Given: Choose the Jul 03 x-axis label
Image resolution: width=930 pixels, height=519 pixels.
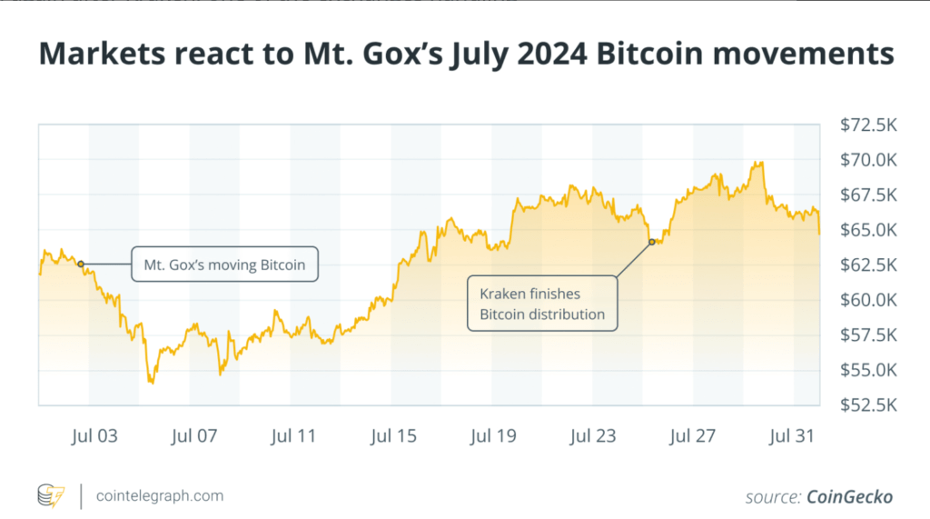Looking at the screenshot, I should click(x=94, y=436).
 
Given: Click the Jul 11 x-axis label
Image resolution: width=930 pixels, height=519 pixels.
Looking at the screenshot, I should click(x=293, y=436).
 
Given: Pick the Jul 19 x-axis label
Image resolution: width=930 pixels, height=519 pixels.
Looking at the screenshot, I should click(x=493, y=436).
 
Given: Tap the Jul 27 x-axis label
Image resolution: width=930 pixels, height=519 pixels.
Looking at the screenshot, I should click(x=693, y=436).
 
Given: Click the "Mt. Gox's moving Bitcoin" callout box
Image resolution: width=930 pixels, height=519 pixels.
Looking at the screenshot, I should click(x=224, y=264).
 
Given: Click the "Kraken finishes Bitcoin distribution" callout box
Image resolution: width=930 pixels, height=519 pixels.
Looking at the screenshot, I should click(x=541, y=304).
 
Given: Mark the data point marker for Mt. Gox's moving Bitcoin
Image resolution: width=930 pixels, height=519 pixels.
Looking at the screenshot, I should click(x=81, y=264).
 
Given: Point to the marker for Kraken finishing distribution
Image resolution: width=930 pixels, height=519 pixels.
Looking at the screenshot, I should click(x=652, y=241).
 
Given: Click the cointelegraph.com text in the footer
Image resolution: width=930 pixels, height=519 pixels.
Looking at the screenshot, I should click(x=159, y=496).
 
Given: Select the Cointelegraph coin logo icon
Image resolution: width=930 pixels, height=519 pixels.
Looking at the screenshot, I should click(x=51, y=496).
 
